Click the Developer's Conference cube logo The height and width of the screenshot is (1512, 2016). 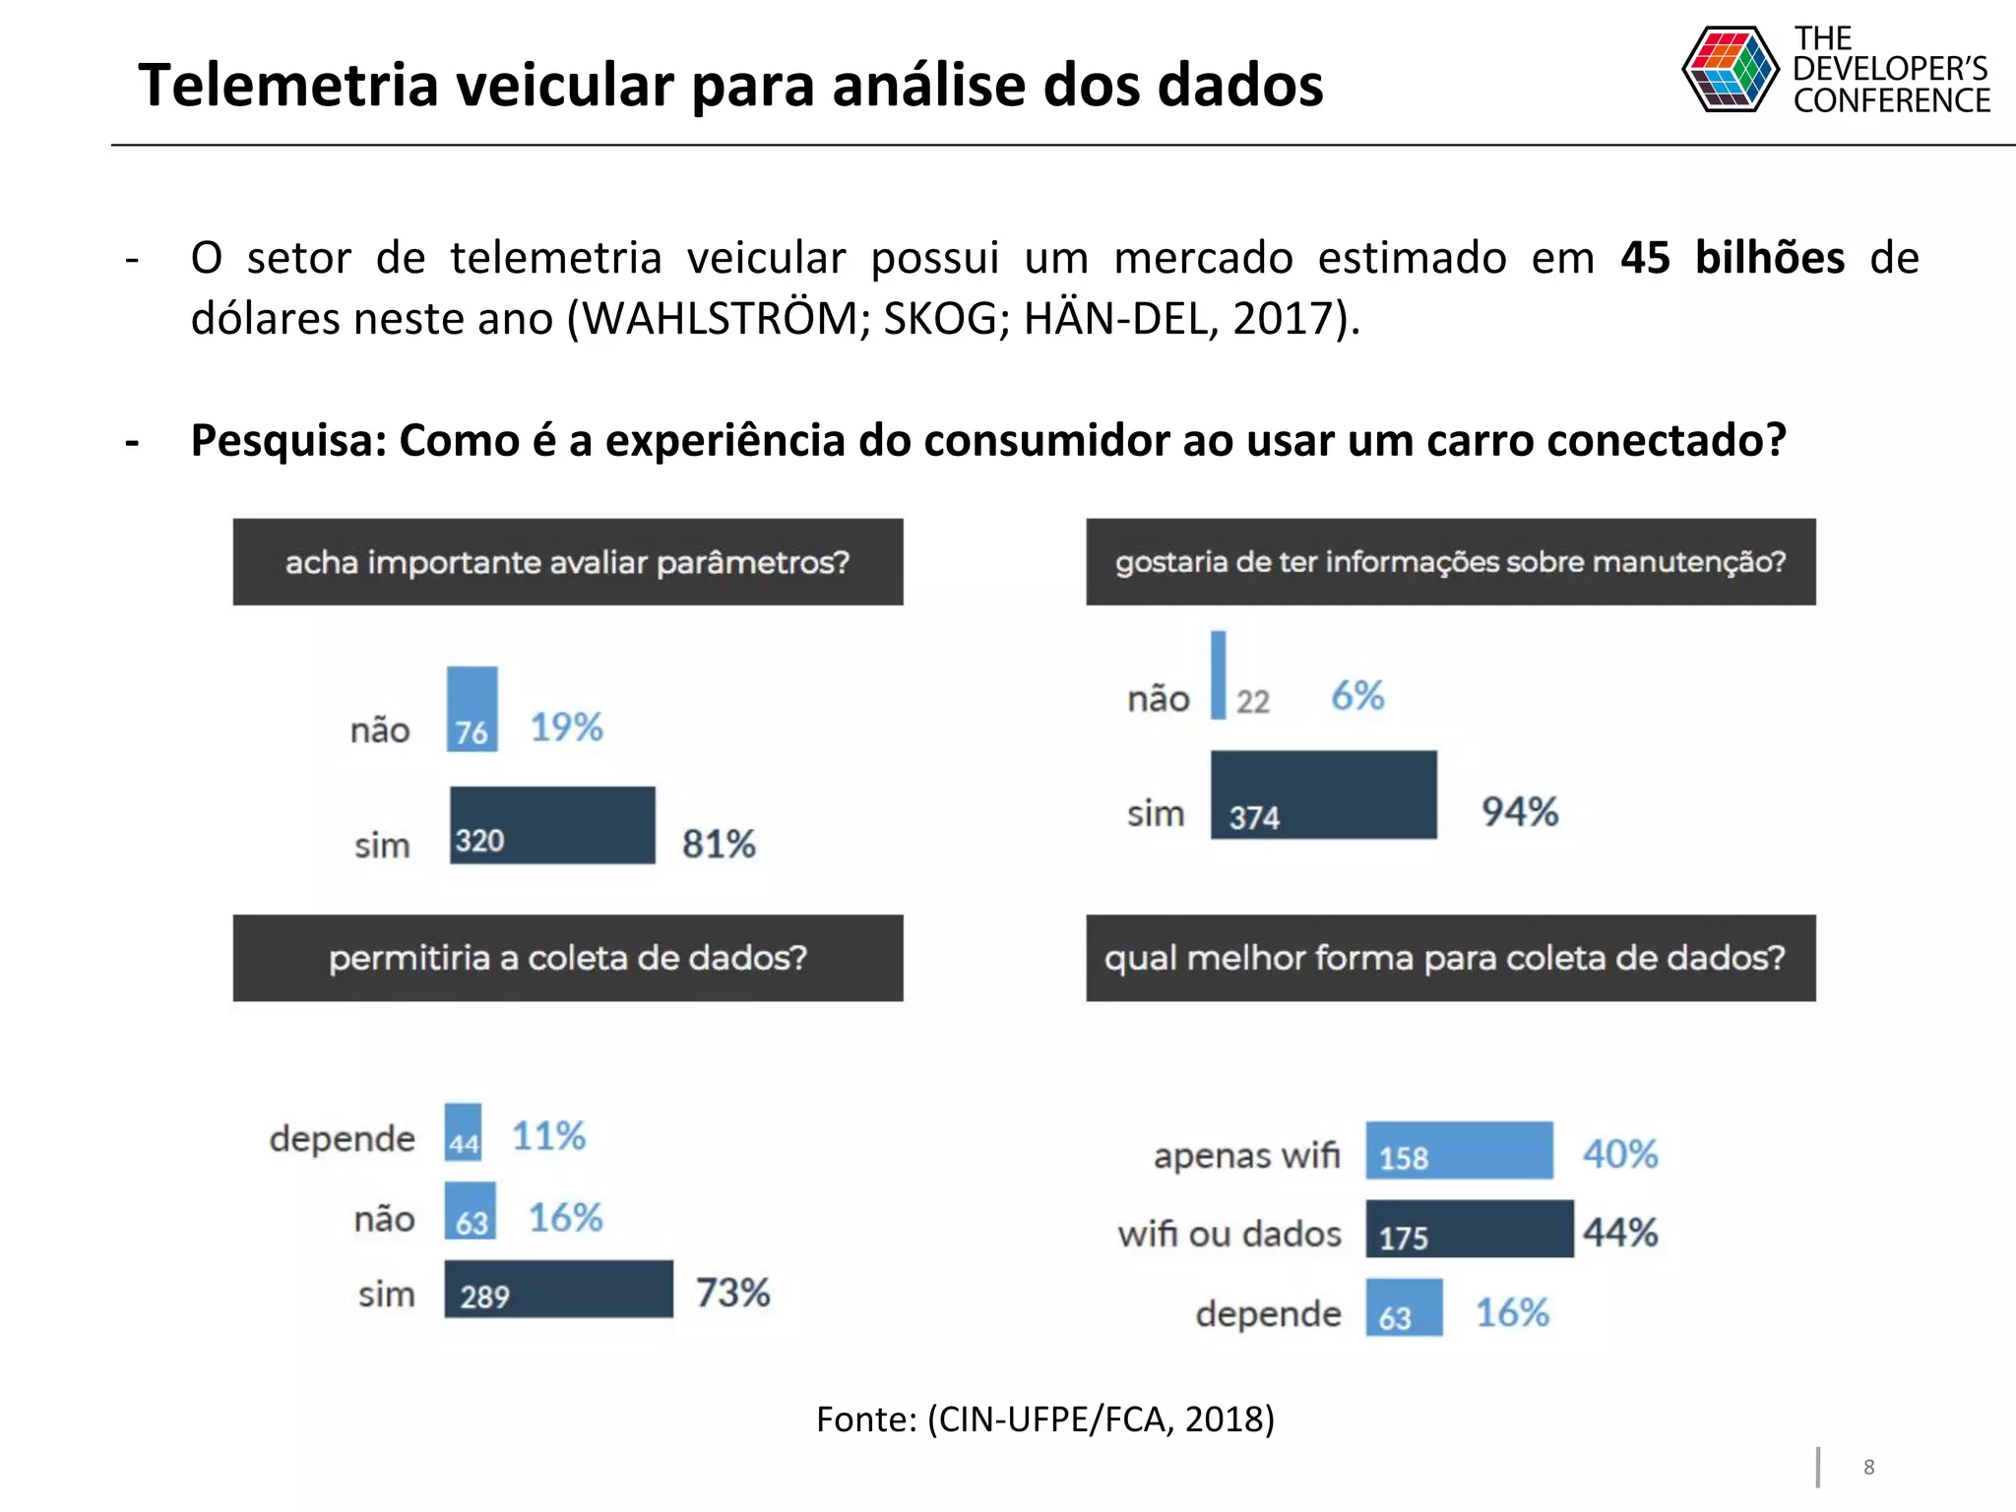point(1730,69)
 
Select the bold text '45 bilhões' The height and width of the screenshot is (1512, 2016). point(1732,258)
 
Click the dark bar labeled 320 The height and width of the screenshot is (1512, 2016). point(552,825)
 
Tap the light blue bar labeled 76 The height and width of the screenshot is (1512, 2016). point(472,709)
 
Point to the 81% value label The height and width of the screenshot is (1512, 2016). point(719,844)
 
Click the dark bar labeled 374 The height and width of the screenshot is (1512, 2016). point(1323,795)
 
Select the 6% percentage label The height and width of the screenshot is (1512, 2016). point(1357,696)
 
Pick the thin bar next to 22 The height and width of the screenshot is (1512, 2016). point(1218,675)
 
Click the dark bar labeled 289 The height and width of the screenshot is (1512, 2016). point(558,1289)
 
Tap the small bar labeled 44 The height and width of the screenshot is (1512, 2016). point(463,1132)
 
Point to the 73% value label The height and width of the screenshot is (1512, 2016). point(732,1292)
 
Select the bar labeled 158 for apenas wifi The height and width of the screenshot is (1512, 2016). point(1459,1150)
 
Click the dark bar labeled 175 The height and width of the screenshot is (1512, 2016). point(1469,1228)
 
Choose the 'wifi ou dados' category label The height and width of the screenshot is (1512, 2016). point(1229,1233)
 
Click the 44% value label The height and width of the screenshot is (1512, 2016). point(1620,1231)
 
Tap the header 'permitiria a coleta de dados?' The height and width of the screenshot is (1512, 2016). point(568,958)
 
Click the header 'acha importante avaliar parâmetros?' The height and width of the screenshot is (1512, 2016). point(568,562)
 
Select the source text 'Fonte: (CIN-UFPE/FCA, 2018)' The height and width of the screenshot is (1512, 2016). point(1045,1418)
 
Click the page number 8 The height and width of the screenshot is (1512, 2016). point(1868,1467)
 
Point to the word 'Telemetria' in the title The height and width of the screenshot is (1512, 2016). point(287,85)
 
